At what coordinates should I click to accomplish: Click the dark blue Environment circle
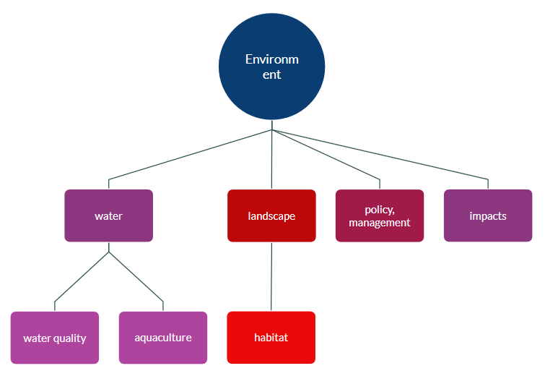coord(271,67)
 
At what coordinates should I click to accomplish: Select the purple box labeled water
coord(108,215)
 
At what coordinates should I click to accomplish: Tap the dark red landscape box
coord(271,215)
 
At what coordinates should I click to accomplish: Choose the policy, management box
coord(380,215)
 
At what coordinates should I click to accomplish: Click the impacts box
coord(488,215)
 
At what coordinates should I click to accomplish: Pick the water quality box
coord(55,338)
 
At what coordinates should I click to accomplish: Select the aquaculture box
coord(163,338)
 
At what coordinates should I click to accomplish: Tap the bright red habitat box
coord(271,338)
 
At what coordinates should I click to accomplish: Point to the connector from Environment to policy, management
coord(326,155)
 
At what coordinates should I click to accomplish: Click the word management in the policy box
coord(380,223)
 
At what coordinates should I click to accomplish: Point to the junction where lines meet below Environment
coord(271,130)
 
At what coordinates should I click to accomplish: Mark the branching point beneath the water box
coord(108,252)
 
